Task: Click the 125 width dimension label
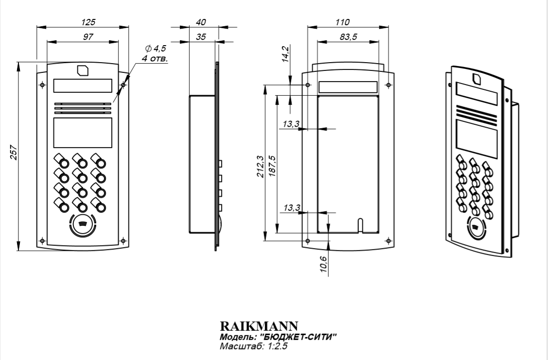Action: click(x=88, y=22)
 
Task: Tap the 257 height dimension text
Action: click(x=14, y=154)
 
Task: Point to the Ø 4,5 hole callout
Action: click(x=155, y=49)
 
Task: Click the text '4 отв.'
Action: click(x=154, y=58)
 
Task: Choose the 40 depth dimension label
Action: click(x=200, y=22)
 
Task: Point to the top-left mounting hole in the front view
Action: click(x=42, y=85)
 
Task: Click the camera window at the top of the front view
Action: click(x=83, y=70)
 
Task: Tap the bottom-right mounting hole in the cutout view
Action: click(x=388, y=240)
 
